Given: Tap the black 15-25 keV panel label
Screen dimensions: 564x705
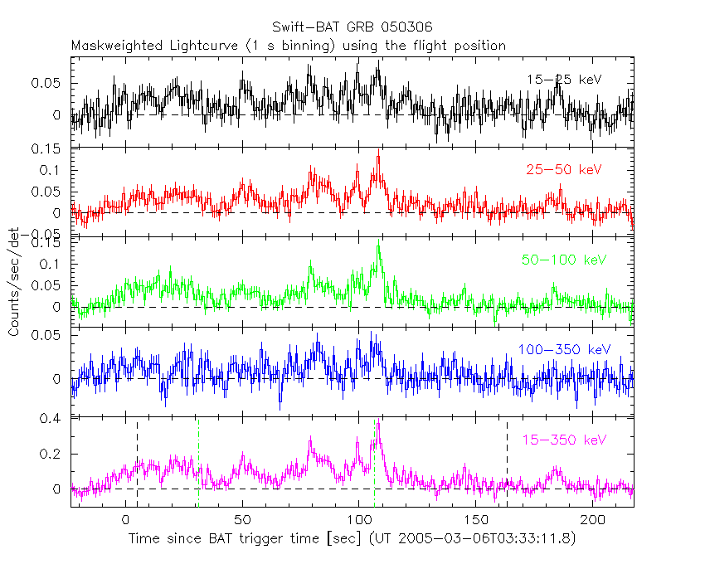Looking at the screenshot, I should click(x=563, y=80).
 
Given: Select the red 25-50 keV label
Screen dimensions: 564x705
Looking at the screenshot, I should click(x=563, y=170).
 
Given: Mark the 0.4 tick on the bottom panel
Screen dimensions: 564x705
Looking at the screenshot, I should click(x=51, y=420).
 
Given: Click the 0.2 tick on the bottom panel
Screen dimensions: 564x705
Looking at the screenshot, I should click(x=51, y=455).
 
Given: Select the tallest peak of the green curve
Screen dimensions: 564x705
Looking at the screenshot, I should click(x=378, y=241).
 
